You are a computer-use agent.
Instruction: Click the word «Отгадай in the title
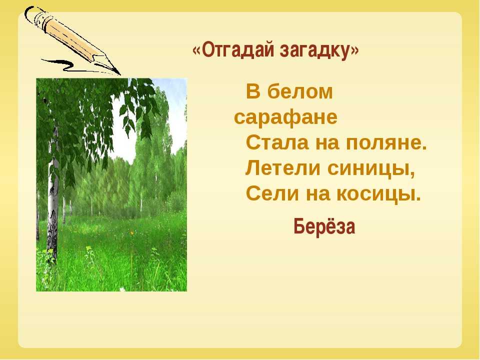[x=233, y=49]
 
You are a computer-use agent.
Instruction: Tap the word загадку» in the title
[x=319, y=50]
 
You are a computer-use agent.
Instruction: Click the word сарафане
[x=285, y=117]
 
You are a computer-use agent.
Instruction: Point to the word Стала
[x=277, y=143]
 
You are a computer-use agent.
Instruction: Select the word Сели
[x=272, y=194]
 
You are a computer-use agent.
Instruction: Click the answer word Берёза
[x=324, y=227]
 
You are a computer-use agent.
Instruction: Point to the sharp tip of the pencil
[x=120, y=74]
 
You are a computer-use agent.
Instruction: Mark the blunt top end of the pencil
[x=30, y=14]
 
